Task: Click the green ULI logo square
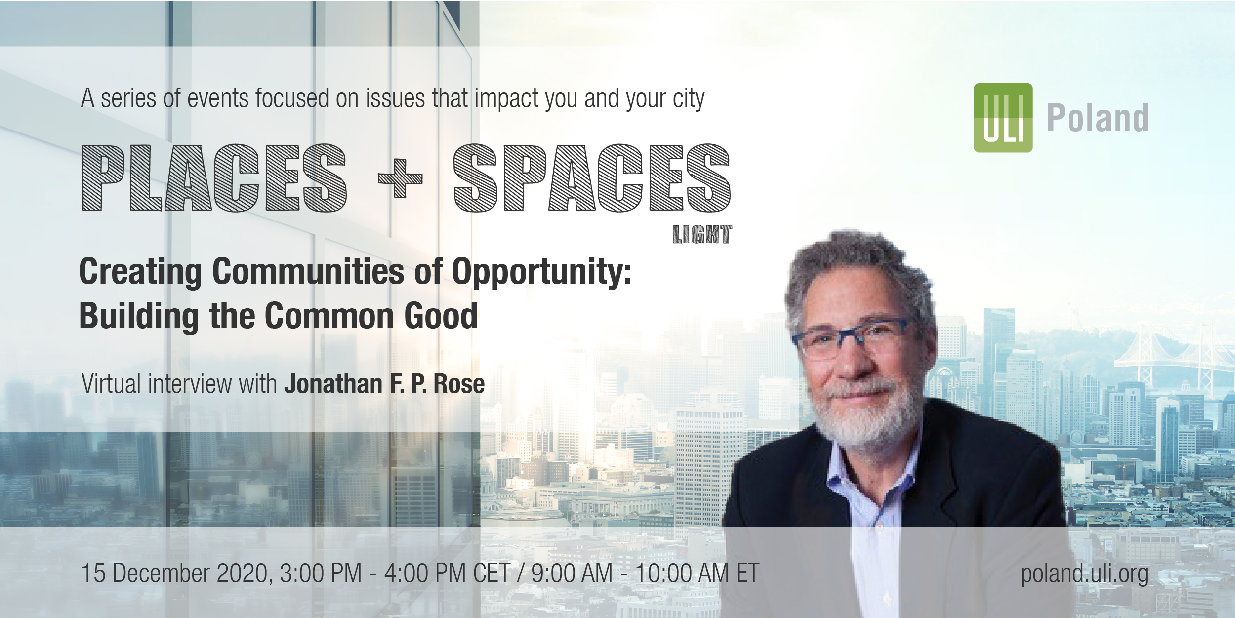pos(1003,118)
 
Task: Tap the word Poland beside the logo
pos(1098,118)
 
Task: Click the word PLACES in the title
pos(214,178)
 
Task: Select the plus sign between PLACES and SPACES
pos(400,178)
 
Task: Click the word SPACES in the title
pos(592,178)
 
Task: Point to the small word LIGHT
pos(702,235)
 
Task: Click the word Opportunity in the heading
pos(542,272)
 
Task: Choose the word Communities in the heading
pos(308,271)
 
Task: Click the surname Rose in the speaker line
pos(459,384)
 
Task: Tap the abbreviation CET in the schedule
pos(492,574)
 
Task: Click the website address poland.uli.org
pos(1084,574)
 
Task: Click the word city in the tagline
pos(689,99)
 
